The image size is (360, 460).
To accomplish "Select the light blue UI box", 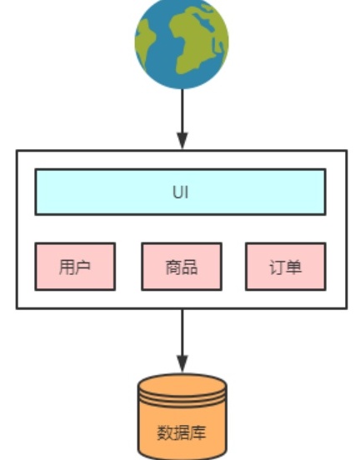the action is tap(181, 192).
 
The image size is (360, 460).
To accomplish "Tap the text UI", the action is tap(181, 192).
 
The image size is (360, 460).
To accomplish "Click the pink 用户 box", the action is tap(75, 267).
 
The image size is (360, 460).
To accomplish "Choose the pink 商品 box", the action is tap(182, 267).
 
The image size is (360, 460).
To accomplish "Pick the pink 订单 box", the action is tap(286, 267).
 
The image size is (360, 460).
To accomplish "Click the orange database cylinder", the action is tap(182, 417).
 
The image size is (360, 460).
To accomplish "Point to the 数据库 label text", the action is tap(182, 432).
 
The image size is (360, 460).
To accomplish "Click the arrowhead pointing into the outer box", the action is tap(182, 141).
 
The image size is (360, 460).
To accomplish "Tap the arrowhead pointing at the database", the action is tap(182, 364).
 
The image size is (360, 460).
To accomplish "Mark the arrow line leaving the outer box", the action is tap(182, 341).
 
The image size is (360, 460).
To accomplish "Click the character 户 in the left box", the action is tap(83, 267).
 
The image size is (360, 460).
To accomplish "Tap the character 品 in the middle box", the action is tap(190, 267).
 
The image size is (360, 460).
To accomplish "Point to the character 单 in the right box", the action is tap(293, 267).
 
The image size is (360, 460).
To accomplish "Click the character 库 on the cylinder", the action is tap(198, 432).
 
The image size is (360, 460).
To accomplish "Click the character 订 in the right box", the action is tap(277, 267).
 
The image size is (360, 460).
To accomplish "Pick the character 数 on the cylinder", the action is tap(165, 432).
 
